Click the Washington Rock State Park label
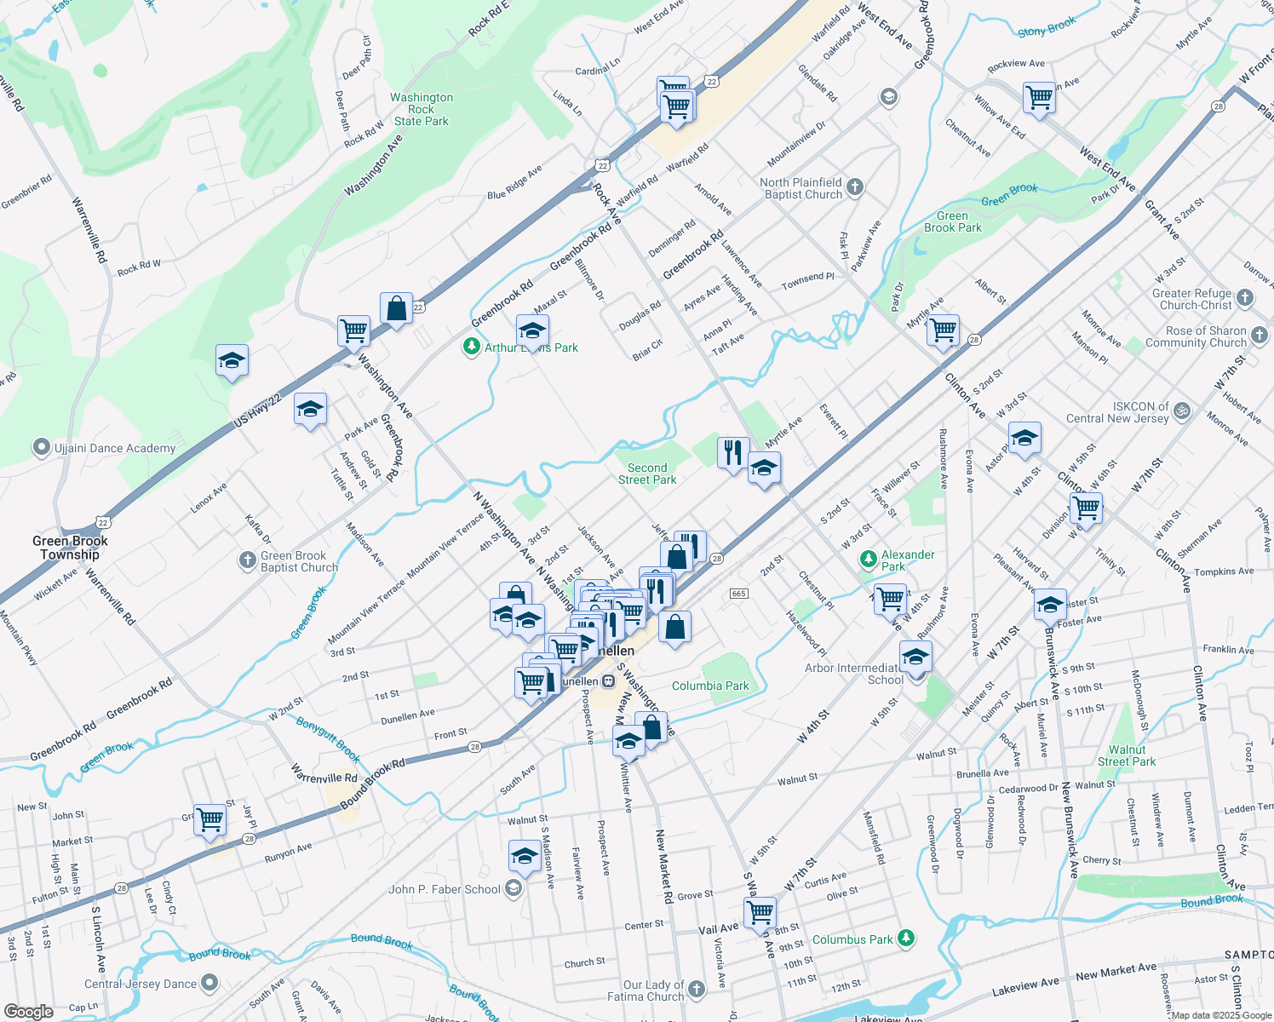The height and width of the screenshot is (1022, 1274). pyautogui.click(x=422, y=109)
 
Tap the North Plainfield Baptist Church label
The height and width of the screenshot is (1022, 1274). pyautogui.click(x=801, y=188)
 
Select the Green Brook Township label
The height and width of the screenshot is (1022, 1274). pyautogui.click(x=70, y=548)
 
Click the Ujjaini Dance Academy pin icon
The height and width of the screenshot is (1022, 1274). pyautogui.click(x=40, y=447)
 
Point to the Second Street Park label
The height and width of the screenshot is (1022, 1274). pyautogui.click(x=647, y=474)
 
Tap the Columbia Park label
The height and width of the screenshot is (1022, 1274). pyautogui.click(x=710, y=686)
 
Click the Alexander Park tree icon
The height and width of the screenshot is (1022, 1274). pyautogui.click(x=868, y=560)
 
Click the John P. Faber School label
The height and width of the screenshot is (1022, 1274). pyautogui.click(x=445, y=889)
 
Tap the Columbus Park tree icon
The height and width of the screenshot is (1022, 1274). pyautogui.click(x=907, y=939)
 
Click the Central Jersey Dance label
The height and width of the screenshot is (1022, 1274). pyautogui.click(x=141, y=984)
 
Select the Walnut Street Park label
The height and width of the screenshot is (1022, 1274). pyautogui.click(x=1127, y=755)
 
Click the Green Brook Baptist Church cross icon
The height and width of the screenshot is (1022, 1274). pyautogui.click(x=247, y=560)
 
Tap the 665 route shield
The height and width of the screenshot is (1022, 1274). pyautogui.click(x=738, y=594)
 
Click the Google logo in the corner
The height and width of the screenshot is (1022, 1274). pyautogui.click(x=28, y=1011)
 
